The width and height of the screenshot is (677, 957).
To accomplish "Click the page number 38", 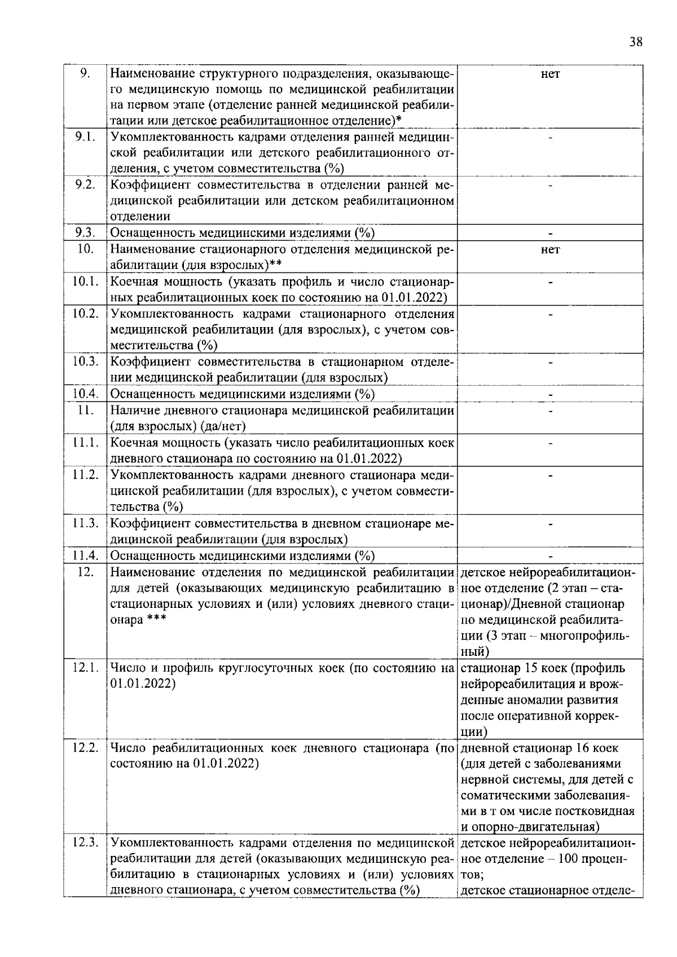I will [x=635, y=42].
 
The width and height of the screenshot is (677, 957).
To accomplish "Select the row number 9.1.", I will [x=85, y=137].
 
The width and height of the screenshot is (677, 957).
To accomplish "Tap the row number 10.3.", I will [x=86, y=361].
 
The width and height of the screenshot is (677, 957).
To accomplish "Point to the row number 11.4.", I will [x=86, y=555].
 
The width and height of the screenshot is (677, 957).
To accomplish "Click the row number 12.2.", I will [x=86, y=748].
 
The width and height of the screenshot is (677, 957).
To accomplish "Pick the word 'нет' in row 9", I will [x=550, y=73].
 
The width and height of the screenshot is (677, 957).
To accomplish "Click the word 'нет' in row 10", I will [x=550, y=249].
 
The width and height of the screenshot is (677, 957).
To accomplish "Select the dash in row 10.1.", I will [x=551, y=282].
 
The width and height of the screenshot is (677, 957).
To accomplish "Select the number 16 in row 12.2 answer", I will [x=582, y=748].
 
